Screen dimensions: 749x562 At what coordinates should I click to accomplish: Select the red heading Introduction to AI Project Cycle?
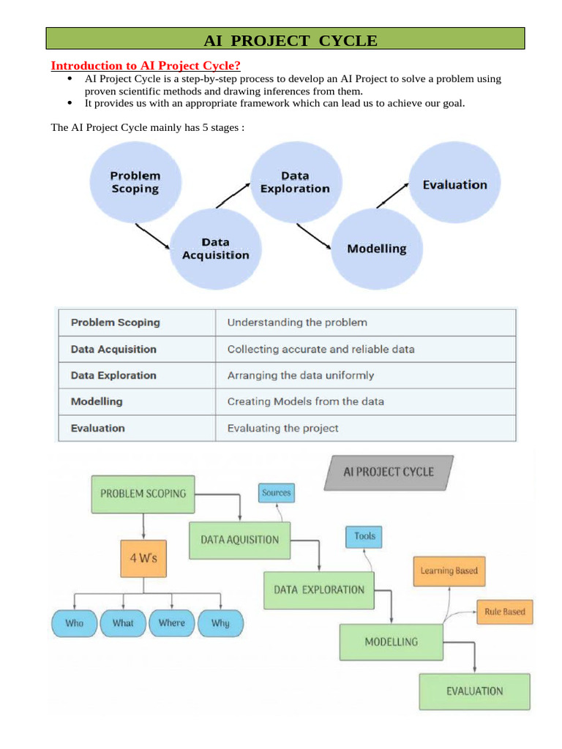point(145,65)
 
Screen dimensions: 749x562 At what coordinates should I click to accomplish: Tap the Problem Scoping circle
point(135,183)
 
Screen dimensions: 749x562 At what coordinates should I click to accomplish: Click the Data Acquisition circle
point(215,249)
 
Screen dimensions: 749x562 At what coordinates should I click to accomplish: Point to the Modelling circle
point(376,249)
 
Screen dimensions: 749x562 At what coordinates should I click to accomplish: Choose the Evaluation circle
point(454,184)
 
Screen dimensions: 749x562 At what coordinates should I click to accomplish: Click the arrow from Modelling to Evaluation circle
point(397,195)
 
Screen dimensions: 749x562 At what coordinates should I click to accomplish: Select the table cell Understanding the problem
point(297,322)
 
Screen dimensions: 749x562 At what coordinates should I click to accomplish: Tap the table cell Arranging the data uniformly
point(300,375)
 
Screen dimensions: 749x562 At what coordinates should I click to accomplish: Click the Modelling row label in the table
point(97,402)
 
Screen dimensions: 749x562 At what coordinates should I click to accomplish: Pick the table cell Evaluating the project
point(282,428)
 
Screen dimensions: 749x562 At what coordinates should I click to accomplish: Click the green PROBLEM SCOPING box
point(143,494)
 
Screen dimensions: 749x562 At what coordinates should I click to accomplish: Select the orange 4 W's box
point(143,557)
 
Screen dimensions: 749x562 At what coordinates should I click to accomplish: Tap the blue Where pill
point(172,623)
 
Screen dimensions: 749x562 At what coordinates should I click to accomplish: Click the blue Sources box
point(276,493)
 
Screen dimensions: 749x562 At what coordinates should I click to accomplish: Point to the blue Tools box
point(364,536)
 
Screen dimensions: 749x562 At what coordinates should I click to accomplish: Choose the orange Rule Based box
point(504,611)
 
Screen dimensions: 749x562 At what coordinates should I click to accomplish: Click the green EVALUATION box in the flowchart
point(475,691)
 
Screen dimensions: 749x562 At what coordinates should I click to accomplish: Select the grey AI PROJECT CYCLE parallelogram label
point(389,472)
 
